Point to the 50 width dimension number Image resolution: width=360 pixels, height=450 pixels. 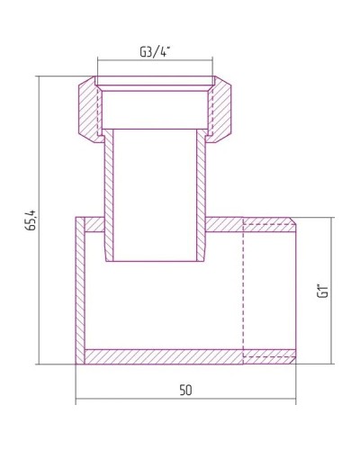tap(185, 390)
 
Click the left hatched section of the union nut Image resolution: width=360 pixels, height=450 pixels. tap(91, 108)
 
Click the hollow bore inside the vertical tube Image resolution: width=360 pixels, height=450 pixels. tap(154, 193)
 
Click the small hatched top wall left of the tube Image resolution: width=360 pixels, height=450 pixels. tap(90, 223)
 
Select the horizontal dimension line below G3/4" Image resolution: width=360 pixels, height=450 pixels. tap(154, 60)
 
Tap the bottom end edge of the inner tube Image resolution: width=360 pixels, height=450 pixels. tap(154, 261)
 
